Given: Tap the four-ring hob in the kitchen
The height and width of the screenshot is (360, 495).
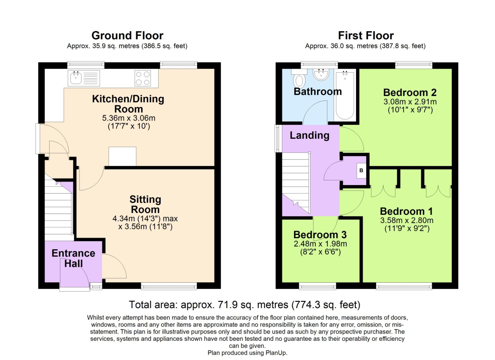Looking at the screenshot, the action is click(143, 78).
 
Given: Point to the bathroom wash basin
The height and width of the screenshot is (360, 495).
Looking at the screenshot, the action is click(321, 75).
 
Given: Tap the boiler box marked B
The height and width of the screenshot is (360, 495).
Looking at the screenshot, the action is click(361, 171).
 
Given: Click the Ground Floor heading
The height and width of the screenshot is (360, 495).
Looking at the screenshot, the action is click(127, 36).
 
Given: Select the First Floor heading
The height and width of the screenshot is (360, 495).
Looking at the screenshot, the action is click(366, 36).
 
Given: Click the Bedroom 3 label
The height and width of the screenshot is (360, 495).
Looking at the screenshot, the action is click(320, 235).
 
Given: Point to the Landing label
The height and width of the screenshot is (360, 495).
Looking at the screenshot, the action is click(309, 135).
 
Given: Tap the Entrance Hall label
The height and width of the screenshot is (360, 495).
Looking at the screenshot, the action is click(73, 258).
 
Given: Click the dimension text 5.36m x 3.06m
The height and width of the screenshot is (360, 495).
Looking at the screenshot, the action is click(129, 118).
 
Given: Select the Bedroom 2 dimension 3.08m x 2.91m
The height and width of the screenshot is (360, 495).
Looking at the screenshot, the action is click(410, 102).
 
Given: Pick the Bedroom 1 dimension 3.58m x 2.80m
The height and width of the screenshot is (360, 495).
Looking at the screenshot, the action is click(407, 220).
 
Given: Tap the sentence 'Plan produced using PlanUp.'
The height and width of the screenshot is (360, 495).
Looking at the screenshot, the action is click(247, 353).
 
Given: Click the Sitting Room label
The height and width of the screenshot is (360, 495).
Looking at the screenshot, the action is click(145, 204).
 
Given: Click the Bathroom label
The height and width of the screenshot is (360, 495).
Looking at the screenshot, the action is click(317, 92).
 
